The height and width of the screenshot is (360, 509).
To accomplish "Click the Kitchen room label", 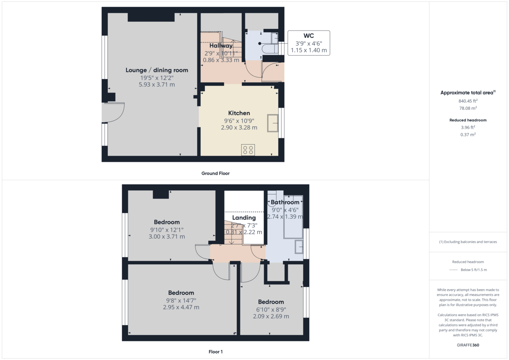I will (239, 113).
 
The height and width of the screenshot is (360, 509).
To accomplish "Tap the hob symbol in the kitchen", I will (248, 150).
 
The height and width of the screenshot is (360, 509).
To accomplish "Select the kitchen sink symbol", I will (272, 123).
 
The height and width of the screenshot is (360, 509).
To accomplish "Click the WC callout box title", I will (308, 35).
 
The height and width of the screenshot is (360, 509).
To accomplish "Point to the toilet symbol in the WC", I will (269, 49).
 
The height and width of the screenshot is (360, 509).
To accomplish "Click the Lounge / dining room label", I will (157, 70).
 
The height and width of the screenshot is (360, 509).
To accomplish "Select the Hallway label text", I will (221, 46).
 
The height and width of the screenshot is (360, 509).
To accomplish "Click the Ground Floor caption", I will (215, 173).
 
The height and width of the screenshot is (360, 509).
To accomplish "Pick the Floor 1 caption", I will (215, 352).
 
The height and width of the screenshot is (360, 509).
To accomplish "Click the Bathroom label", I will (285, 202).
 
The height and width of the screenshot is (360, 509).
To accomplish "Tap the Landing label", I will (243, 218).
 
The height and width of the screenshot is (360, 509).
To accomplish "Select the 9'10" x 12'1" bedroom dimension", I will (166, 229).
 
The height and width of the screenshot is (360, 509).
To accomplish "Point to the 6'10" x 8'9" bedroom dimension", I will (271, 309).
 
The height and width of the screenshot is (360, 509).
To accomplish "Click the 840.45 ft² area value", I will (468, 101).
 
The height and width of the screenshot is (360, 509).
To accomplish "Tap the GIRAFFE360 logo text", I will (468, 345).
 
